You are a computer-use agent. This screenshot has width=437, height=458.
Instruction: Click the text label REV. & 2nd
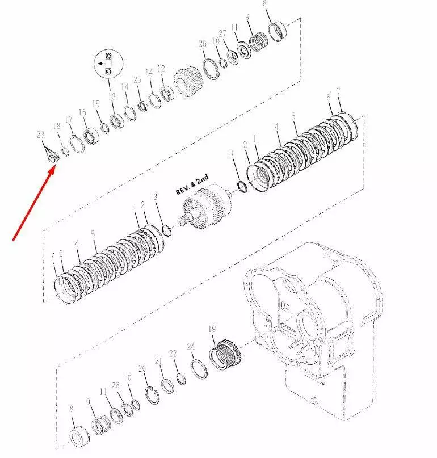(x=192, y=184)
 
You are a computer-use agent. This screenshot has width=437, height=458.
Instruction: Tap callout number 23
(x=41, y=135)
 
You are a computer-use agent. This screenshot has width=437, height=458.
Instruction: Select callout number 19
(x=212, y=329)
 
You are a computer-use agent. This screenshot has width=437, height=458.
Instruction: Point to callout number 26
(x=203, y=44)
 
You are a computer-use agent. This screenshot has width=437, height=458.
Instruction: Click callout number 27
(x=222, y=33)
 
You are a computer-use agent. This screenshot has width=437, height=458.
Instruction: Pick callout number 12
(x=161, y=69)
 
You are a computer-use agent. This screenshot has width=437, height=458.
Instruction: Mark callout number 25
(x=137, y=80)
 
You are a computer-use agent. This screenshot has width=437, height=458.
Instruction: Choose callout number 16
(x=82, y=112)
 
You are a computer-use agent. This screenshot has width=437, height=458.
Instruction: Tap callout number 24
(x=191, y=346)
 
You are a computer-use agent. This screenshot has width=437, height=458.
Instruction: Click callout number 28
(x=116, y=385)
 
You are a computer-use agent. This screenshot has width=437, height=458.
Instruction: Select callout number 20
(x=142, y=369)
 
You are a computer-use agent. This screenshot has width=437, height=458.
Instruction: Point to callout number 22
(x=173, y=354)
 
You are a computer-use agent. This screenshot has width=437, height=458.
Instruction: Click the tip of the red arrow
(x=54, y=166)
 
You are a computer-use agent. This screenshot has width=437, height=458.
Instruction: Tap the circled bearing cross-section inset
(x=108, y=64)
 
